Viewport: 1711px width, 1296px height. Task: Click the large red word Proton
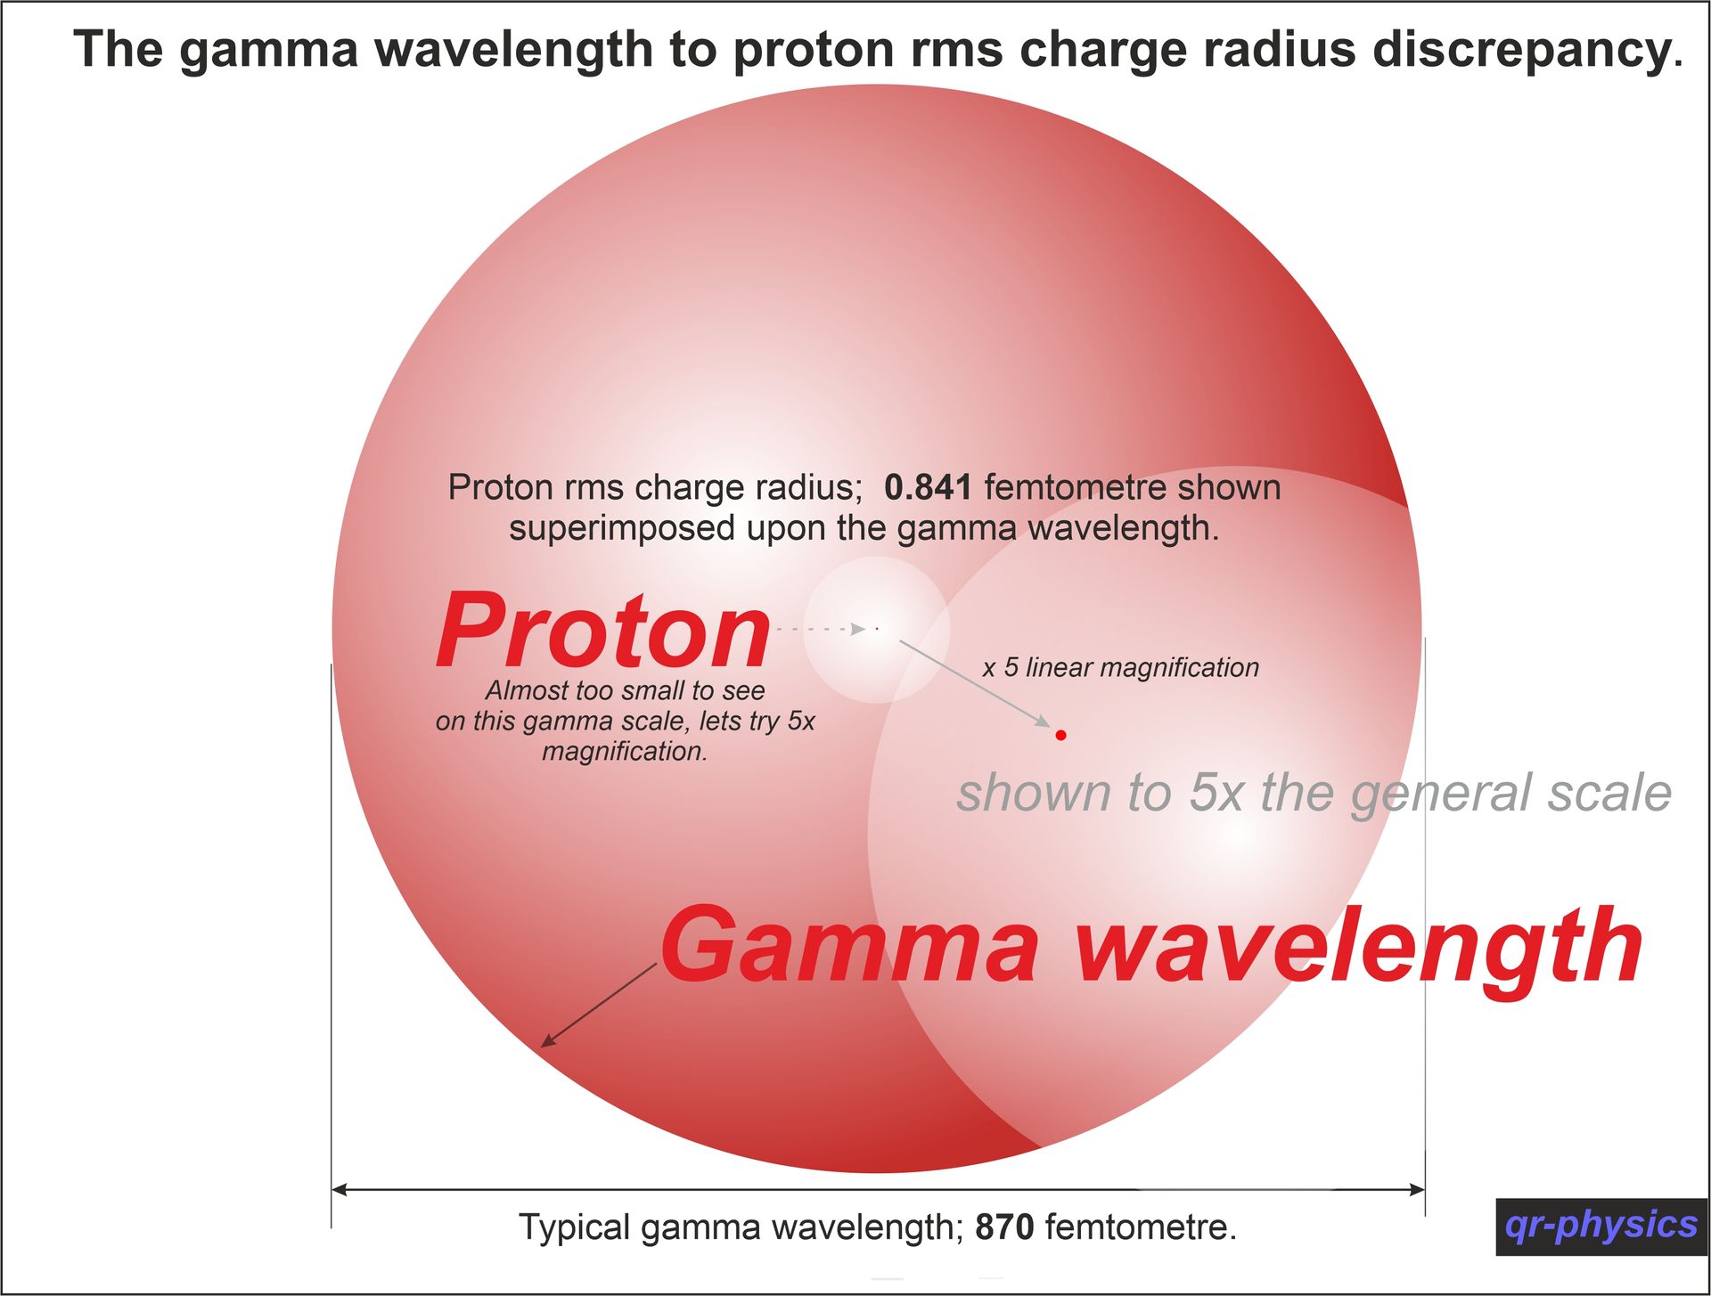(603, 631)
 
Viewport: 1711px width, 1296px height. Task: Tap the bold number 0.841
(928, 487)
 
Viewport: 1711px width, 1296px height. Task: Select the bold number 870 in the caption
(1004, 1227)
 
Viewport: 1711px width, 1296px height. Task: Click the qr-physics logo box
(1601, 1227)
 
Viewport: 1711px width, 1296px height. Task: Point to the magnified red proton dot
(1060, 735)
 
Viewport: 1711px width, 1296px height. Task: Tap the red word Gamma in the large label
(849, 945)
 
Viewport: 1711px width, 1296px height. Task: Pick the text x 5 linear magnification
(1120, 667)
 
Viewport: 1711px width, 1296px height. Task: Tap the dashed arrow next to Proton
(821, 629)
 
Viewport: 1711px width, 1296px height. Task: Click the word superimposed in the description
(623, 528)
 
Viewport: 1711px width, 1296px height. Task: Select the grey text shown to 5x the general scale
(1314, 793)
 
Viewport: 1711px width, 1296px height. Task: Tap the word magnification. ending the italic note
(625, 752)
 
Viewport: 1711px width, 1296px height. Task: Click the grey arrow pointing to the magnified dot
(975, 684)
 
